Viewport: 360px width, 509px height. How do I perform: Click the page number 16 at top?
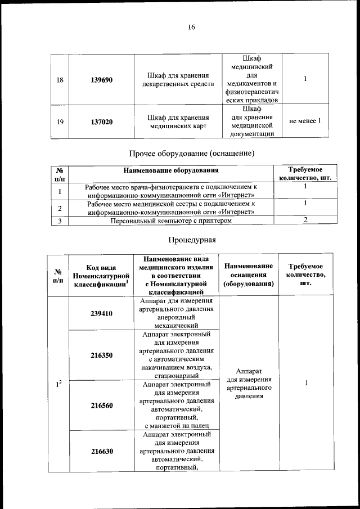(x=191, y=27)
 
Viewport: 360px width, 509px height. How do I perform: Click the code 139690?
(x=101, y=79)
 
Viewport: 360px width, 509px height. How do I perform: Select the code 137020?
(x=101, y=121)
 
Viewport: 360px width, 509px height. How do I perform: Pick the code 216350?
(x=101, y=355)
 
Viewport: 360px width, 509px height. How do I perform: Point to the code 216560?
(x=101, y=405)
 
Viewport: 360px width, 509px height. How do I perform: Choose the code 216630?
(x=101, y=451)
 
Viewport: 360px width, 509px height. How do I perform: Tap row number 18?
(x=60, y=79)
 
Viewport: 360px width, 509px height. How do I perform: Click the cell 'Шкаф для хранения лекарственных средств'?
(x=178, y=79)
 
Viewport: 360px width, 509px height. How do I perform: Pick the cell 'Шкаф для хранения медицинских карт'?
(x=178, y=121)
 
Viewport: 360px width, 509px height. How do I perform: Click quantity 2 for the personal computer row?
(x=305, y=220)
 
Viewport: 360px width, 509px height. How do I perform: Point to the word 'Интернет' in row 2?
(x=236, y=211)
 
